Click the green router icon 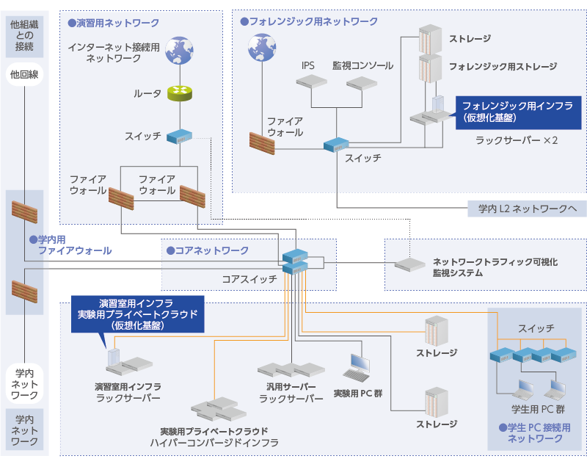(x=178, y=93)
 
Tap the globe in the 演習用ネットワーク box (x=178, y=51)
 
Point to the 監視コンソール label (x=362, y=65)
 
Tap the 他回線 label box (x=24, y=74)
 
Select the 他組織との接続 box (x=24, y=36)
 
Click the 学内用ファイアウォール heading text (x=70, y=245)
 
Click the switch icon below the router (x=178, y=137)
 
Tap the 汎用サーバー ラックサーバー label (x=291, y=393)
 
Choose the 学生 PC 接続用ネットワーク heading (x=534, y=432)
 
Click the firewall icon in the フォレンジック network (x=261, y=142)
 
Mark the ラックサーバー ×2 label (x=517, y=140)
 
